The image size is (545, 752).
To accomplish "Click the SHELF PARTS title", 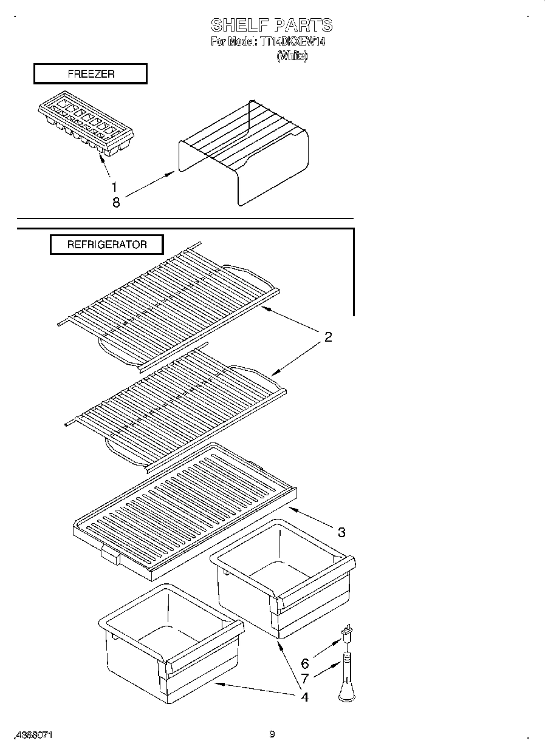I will [x=272, y=25].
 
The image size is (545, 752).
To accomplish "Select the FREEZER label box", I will [x=91, y=74].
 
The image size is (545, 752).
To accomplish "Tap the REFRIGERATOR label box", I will [x=106, y=245].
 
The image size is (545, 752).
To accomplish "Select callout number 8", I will [x=115, y=203].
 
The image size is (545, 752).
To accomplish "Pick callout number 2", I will [x=327, y=337].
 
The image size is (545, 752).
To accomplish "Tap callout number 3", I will [x=341, y=532].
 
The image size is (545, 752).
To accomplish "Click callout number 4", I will [x=304, y=697].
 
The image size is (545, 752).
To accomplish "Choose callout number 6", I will [x=305, y=664].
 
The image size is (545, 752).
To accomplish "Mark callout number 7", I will [x=305, y=679].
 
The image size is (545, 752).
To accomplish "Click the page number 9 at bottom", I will [x=272, y=734].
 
